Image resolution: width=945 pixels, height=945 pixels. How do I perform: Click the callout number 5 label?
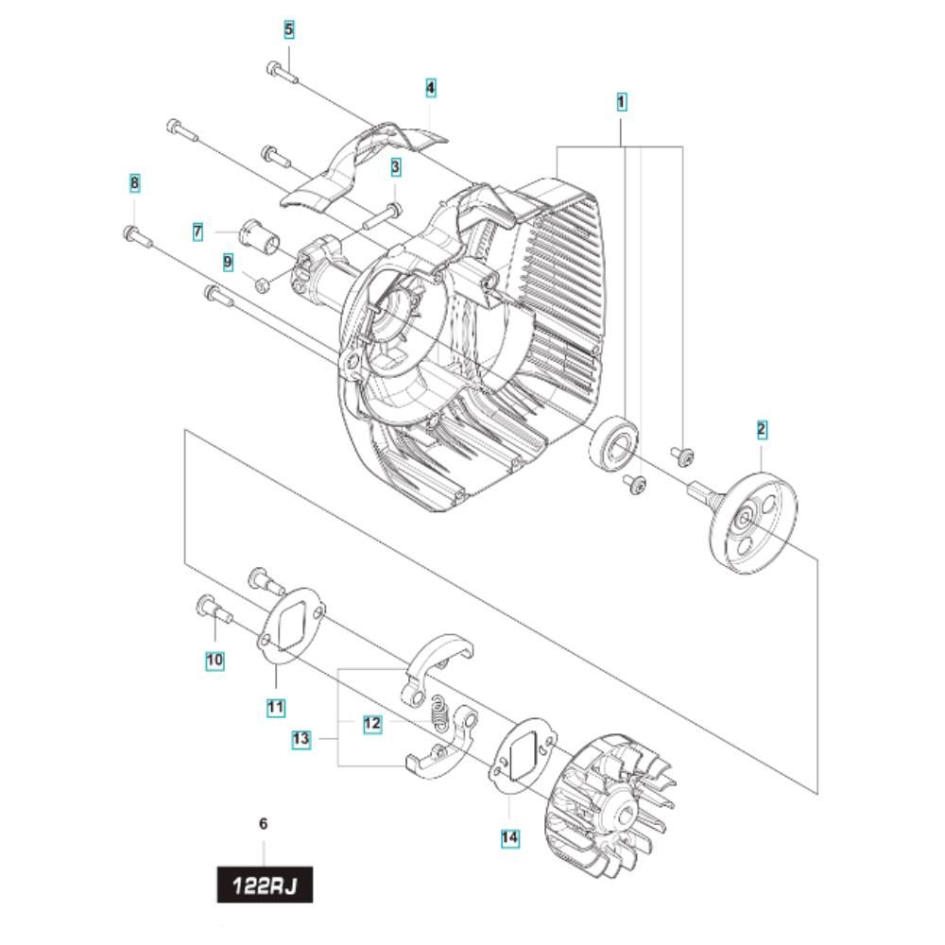(288, 29)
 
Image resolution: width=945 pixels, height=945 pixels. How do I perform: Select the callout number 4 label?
(430, 88)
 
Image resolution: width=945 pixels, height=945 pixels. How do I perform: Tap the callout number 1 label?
(622, 102)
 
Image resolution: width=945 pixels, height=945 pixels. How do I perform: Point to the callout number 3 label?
(395, 167)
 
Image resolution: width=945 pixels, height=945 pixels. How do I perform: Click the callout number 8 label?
(134, 182)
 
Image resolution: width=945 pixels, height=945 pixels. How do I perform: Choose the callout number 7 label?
(198, 232)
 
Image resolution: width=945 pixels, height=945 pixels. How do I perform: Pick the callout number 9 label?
(228, 262)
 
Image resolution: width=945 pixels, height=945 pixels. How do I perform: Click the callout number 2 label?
(762, 430)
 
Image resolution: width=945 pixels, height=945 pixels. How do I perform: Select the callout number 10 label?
(215, 660)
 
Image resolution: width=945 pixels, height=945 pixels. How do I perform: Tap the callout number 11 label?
(275, 707)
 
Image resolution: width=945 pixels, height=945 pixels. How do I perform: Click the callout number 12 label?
(372, 723)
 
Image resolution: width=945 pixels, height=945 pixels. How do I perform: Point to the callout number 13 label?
(301, 739)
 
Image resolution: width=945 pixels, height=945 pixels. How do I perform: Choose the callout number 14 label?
(509, 837)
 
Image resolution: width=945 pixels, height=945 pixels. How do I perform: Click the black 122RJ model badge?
(265, 885)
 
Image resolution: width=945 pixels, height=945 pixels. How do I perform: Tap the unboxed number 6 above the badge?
(263, 824)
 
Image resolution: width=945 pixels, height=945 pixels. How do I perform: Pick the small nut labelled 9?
(262, 283)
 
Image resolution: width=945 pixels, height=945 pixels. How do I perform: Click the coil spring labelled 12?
(441, 713)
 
